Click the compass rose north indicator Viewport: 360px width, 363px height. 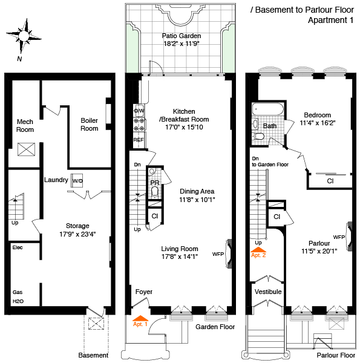click(x=24, y=36)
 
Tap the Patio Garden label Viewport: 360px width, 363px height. click(x=182, y=36)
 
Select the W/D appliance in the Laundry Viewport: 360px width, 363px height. click(x=77, y=180)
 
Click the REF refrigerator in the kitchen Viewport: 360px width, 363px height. click(x=139, y=140)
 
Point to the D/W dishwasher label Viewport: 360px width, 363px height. click(x=139, y=111)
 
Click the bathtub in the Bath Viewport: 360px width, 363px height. click(x=268, y=109)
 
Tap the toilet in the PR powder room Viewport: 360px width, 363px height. click(x=155, y=192)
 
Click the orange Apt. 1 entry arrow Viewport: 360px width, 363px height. click(x=140, y=318)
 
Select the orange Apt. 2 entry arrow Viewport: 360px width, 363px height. click(x=258, y=249)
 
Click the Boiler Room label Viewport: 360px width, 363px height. click(x=90, y=124)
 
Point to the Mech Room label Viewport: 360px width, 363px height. click(x=25, y=125)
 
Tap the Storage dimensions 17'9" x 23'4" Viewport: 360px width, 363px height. click(x=77, y=234)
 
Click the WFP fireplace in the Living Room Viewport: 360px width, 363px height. click(x=229, y=253)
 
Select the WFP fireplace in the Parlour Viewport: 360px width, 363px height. click(x=349, y=237)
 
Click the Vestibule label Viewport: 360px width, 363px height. click(x=268, y=292)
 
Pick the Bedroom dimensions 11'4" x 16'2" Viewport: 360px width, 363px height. click(x=318, y=123)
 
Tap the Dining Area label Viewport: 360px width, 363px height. click(x=197, y=191)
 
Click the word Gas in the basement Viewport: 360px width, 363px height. click(x=18, y=292)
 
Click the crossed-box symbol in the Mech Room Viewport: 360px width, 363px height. click(x=27, y=149)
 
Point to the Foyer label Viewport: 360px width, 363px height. click(x=144, y=292)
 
